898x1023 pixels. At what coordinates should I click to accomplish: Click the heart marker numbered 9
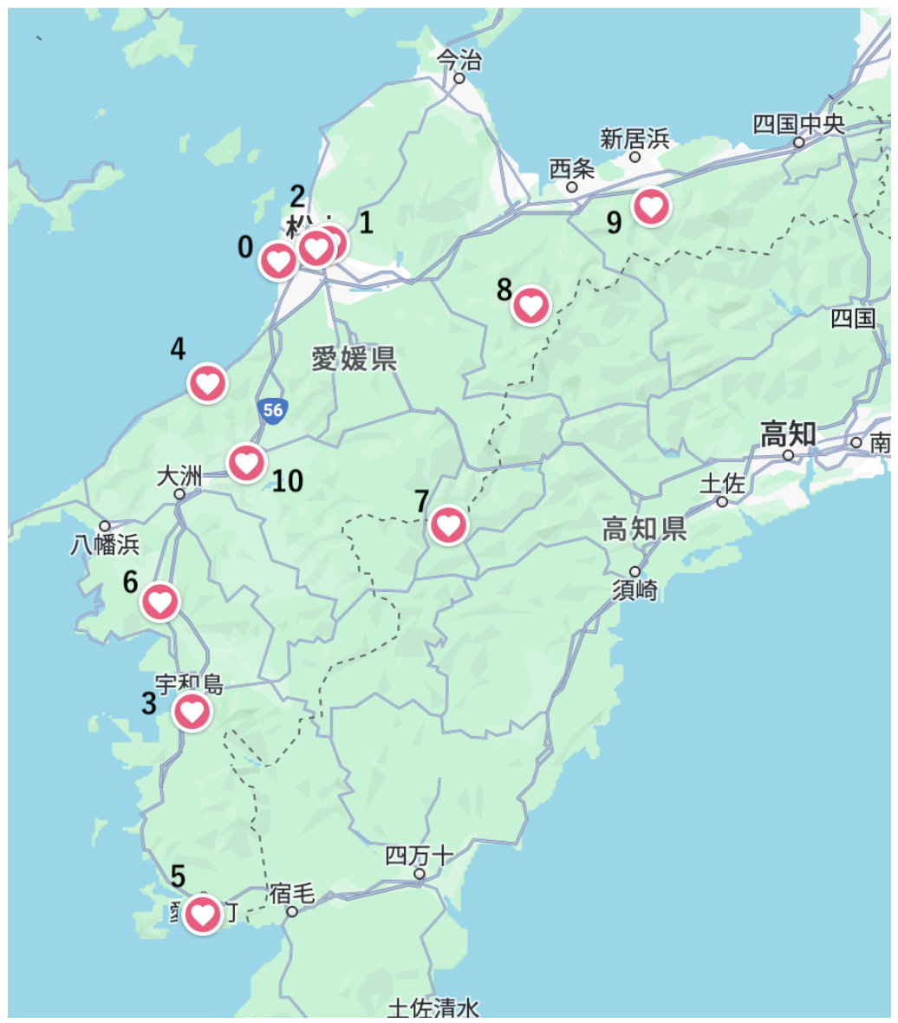tap(652, 206)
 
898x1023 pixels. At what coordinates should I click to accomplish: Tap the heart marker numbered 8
tap(530, 305)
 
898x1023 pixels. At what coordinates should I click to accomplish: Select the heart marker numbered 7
tap(448, 525)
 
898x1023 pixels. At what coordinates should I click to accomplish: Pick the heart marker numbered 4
tap(208, 382)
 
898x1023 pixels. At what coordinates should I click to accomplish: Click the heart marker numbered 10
tap(246, 462)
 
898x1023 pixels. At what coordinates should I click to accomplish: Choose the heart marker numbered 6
tap(160, 602)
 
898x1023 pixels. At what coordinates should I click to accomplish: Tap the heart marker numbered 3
tap(192, 712)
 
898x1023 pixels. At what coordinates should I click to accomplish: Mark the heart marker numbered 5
tap(203, 913)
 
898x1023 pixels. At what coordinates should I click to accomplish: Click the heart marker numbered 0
tap(278, 261)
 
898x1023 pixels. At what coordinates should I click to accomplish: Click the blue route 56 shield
tap(273, 410)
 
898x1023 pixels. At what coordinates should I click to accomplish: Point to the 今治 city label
tap(459, 59)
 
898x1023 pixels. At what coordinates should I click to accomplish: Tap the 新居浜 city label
tap(634, 138)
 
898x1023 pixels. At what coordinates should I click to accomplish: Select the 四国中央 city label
tap(797, 123)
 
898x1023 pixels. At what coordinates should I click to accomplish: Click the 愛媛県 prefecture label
tap(355, 357)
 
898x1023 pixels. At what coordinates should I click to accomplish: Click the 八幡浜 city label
tap(105, 544)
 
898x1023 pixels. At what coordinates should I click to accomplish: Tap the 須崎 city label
tap(634, 590)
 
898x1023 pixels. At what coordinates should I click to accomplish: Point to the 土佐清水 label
tap(433, 1008)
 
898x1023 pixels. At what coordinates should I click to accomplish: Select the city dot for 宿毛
tap(292, 911)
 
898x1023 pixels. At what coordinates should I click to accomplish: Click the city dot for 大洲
tap(179, 494)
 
